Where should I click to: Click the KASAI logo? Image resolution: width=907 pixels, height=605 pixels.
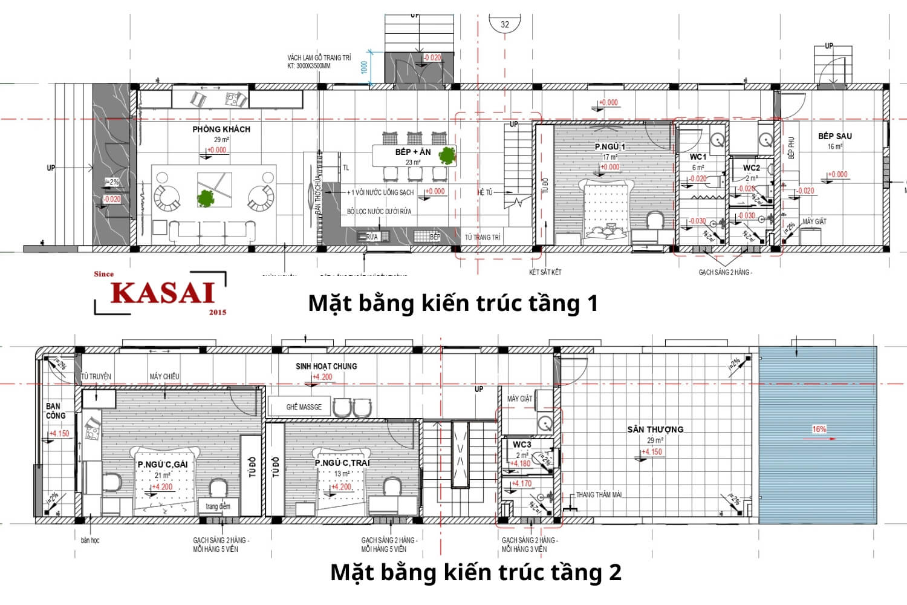162,293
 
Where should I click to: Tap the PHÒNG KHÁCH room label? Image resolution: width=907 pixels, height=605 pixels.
221,129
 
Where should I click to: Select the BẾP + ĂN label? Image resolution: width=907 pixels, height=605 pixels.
413,152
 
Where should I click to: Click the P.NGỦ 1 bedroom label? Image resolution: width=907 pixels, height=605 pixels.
610,146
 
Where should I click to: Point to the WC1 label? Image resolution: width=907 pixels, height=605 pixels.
698,157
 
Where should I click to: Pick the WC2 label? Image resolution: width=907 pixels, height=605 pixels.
751,168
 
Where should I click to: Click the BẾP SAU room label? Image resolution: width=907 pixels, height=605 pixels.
834,136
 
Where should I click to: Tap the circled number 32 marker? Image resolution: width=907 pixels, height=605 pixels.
505,25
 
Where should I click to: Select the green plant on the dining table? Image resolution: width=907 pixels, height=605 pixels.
447,155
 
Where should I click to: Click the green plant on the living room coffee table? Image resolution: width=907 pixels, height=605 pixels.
206,198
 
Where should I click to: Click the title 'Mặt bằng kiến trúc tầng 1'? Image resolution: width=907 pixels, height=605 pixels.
453,302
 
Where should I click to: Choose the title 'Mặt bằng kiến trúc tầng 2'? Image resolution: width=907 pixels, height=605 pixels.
476,572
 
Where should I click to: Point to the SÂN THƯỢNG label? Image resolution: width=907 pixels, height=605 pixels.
655,430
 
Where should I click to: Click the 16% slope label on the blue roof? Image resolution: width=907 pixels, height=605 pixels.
819,429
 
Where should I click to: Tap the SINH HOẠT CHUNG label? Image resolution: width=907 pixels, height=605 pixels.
326,366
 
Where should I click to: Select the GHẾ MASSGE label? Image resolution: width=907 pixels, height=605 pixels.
304,407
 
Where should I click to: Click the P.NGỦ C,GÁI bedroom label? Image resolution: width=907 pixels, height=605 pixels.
162,465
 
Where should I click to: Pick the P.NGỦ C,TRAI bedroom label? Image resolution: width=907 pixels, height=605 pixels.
342,463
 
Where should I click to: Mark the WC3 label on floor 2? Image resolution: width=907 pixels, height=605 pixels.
522,445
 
